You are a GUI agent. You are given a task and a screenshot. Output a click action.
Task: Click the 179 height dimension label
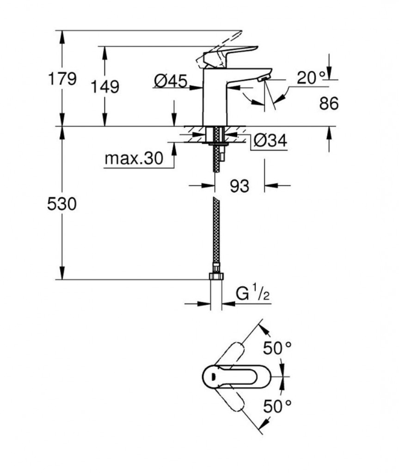pos(62,79)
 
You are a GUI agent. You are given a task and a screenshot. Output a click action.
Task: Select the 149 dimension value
pos(105,86)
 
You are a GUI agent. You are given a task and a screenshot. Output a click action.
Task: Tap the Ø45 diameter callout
pos(171,82)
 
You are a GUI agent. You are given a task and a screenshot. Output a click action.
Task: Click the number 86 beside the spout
pos(329,104)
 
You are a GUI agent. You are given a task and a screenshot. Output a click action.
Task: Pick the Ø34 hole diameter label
pos(270,141)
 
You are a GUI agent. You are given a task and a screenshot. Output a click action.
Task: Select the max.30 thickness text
pos(134,159)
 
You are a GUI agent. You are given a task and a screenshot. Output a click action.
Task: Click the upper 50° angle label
pos(277,348)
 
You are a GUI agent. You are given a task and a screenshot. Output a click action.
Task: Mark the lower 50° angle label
pos(277,406)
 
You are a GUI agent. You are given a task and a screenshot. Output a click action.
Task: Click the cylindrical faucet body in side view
pos(215,97)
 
